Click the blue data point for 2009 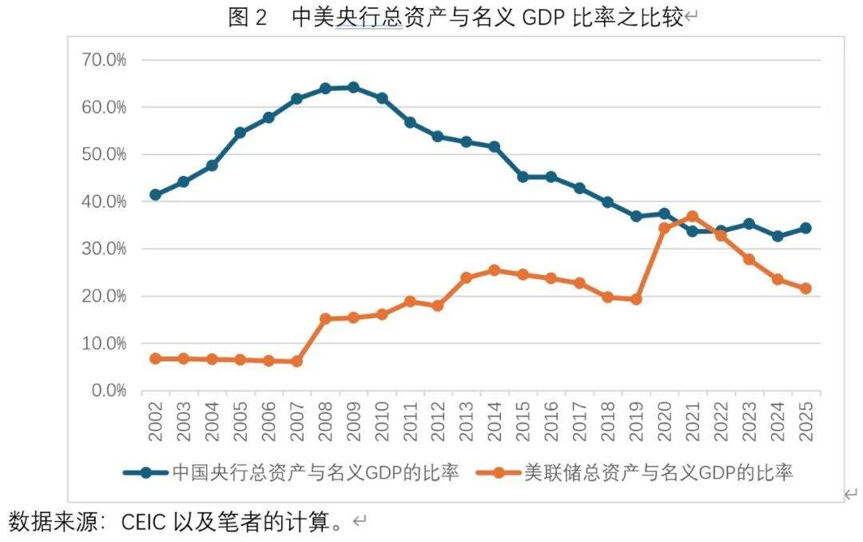coord(353,87)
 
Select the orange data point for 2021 coord(692,217)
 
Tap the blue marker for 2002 coord(156,194)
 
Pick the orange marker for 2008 coord(325,318)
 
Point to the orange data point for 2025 coord(805,289)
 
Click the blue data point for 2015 coord(523,177)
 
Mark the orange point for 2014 coord(495,270)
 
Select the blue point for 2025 coord(805,228)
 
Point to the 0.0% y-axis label coord(108,390)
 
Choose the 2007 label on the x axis coord(297,421)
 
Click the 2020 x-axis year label coord(664,421)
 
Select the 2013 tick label coord(467,421)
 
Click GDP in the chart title coord(544,18)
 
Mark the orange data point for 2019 coord(636,299)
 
